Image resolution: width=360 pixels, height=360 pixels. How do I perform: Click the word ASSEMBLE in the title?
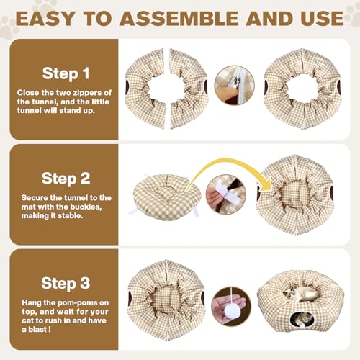click(x=179, y=19)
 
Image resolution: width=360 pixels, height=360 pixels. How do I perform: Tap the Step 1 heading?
click(x=66, y=73)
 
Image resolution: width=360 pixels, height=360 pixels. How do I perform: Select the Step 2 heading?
click(x=66, y=179)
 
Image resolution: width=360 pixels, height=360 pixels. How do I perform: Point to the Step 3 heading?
click(x=66, y=284)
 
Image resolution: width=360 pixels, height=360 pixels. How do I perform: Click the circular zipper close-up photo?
click(x=234, y=85)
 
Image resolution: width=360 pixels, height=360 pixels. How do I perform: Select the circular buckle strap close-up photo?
click(x=226, y=194)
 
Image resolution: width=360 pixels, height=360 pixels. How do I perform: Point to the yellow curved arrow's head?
click(x=268, y=186)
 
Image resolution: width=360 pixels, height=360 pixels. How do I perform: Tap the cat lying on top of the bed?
click(x=301, y=293)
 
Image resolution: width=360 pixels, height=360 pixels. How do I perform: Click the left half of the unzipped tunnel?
click(x=145, y=89)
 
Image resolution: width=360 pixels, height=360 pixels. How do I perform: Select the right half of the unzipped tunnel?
click(x=189, y=89)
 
